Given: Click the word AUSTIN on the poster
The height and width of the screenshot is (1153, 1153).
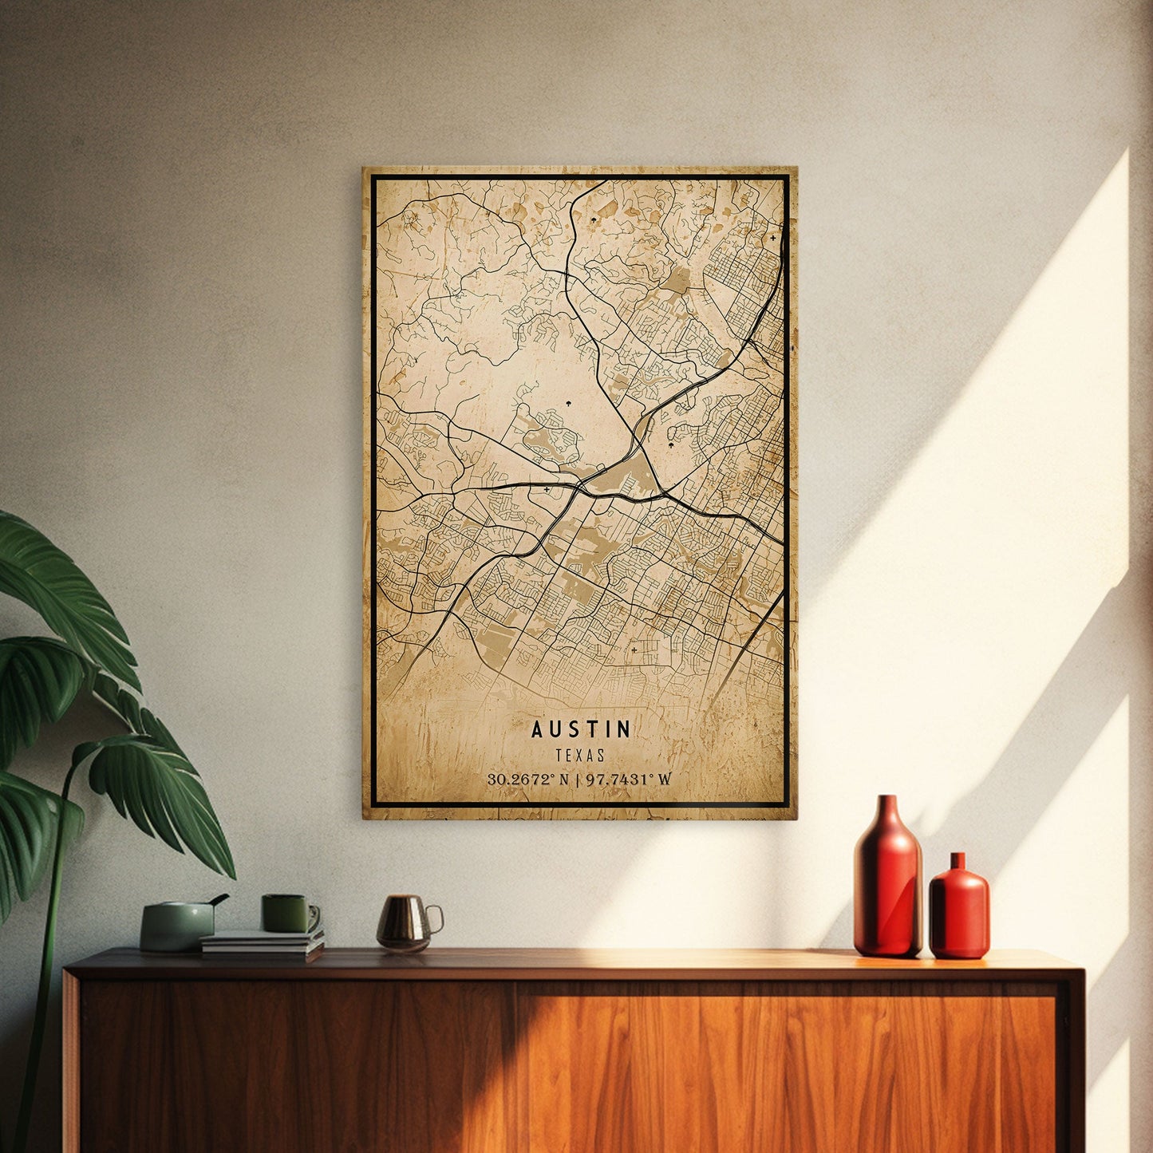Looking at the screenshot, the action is click(x=581, y=729).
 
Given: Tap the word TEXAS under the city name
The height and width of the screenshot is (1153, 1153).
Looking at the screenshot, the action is click(x=581, y=755).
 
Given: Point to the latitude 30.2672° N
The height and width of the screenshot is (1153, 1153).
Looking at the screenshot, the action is click(x=527, y=780).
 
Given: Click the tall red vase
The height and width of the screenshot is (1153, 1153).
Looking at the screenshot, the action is click(x=887, y=886).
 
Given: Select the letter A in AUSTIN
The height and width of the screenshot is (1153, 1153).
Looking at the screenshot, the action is click(x=537, y=729).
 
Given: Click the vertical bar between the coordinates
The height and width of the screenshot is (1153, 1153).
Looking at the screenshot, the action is click(x=578, y=780).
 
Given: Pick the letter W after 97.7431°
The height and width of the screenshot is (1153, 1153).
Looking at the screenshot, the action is click(x=665, y=780).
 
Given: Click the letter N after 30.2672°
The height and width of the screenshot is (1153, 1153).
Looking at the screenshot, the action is click(x=564, y=780).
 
